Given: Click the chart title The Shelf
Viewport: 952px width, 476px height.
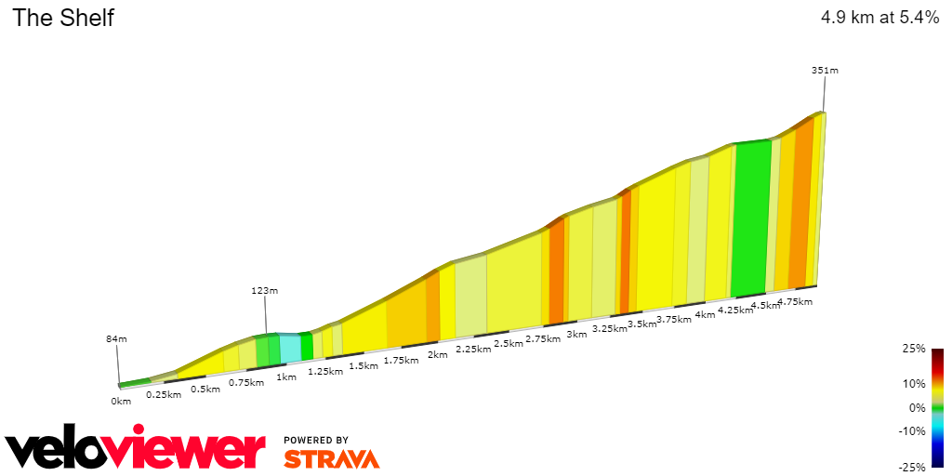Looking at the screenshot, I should point(63,18).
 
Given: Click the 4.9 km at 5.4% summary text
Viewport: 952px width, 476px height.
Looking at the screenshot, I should point(879,18).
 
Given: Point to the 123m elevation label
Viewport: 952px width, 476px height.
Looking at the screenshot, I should point(264,291).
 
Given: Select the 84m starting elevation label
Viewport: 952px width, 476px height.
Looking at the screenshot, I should point(116,338).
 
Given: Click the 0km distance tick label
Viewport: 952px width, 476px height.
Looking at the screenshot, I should point(121,401).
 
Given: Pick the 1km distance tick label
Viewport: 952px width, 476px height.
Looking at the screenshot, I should point(285,377).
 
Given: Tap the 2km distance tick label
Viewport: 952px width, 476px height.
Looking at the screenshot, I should point(437,354).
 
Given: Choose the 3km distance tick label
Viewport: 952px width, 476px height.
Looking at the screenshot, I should point(576,334).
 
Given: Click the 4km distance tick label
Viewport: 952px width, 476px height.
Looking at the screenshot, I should point(704,314).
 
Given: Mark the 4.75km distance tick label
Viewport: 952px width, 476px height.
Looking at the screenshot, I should point(795,301).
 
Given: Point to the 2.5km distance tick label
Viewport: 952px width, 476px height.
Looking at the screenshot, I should point(508,344).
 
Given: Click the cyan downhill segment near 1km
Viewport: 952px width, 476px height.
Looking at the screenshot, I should point(289,348).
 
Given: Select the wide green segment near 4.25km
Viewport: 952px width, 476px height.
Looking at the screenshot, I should point(751,218).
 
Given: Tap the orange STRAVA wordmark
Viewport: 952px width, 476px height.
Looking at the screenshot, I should point(331,459).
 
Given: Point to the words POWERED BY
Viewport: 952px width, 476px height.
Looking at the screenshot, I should point(316,440).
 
